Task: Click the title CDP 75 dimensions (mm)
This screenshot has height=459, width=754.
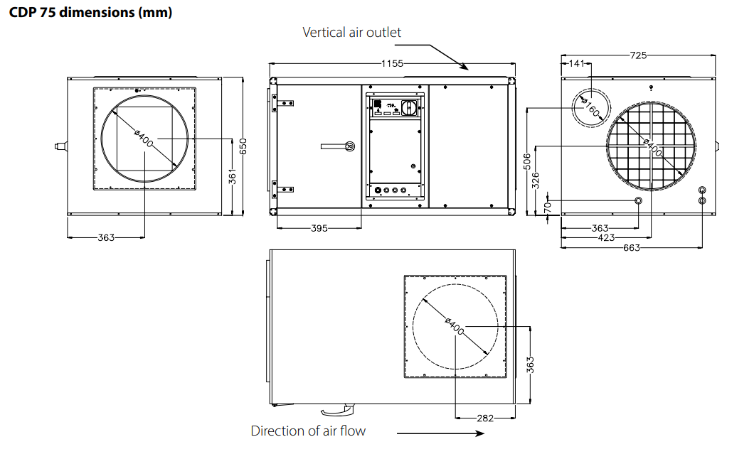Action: click(x=90, y=12)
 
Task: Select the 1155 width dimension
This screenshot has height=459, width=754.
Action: click(x=393, y=63)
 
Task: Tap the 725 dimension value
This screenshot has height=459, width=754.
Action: click(x=638, y=55)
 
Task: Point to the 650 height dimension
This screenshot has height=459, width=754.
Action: click(x=243, y=146)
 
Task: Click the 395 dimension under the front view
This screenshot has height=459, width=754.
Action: click(x=319, y=229)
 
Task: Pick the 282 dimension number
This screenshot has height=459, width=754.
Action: click(x=485, y=418)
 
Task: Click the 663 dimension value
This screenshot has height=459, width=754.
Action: click(x=632, y=248)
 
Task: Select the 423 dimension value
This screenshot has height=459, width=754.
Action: click(x=606, y=237)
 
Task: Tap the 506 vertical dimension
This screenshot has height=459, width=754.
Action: click(x=527, y=162)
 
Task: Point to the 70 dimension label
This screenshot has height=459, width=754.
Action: click(x=548, y=207)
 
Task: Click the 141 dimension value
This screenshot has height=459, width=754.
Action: click(x=577, y=63)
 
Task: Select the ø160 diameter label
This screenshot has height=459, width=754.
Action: click(x=590, y=108)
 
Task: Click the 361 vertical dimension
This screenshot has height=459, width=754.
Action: click(x=233, y=177)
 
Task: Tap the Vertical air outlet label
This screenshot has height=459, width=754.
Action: click(x=351, y=32)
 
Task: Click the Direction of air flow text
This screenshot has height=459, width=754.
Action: click(x=308, y=431)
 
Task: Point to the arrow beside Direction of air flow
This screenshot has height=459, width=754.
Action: click(x=440, y=433)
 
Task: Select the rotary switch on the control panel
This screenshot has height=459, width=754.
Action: click(x=409, y=108)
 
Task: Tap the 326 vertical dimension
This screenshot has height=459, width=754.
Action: click(x=536, y=180)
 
